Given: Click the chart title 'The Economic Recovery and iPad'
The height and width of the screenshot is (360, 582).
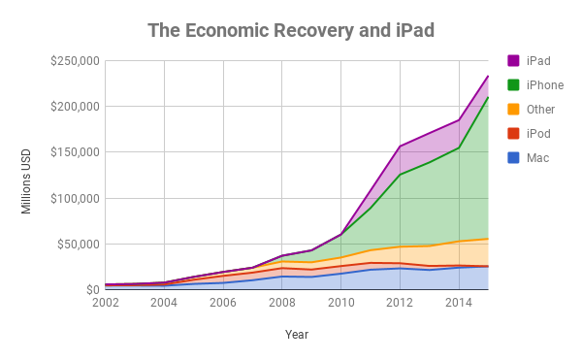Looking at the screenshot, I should [290, 30].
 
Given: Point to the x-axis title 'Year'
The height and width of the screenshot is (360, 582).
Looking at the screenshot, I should [297, 334].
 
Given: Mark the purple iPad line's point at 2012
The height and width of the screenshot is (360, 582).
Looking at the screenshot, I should [400, 147].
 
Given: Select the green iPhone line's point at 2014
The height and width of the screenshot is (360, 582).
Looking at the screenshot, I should [459, 147].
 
